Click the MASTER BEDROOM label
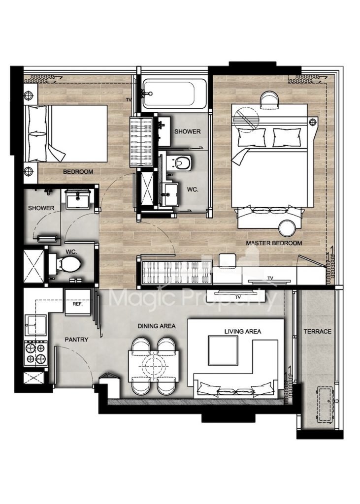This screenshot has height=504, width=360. (x=274, y=243)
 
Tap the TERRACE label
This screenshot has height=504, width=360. (x=318, y=331)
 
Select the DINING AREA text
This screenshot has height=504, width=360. (x=157, y=326)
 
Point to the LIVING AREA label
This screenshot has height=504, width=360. (x=243, y=331)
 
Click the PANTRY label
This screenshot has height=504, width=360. (x=76, y=340)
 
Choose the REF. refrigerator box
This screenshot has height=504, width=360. (x=78, y=303)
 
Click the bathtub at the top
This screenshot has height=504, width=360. (x=174, y=94)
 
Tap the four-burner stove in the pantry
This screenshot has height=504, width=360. (x=36, y=352)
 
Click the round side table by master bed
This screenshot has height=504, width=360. (x=287, y=227)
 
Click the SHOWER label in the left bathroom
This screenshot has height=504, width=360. (x=41, y=208)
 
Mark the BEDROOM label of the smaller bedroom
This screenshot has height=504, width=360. (x=78, y=172)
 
